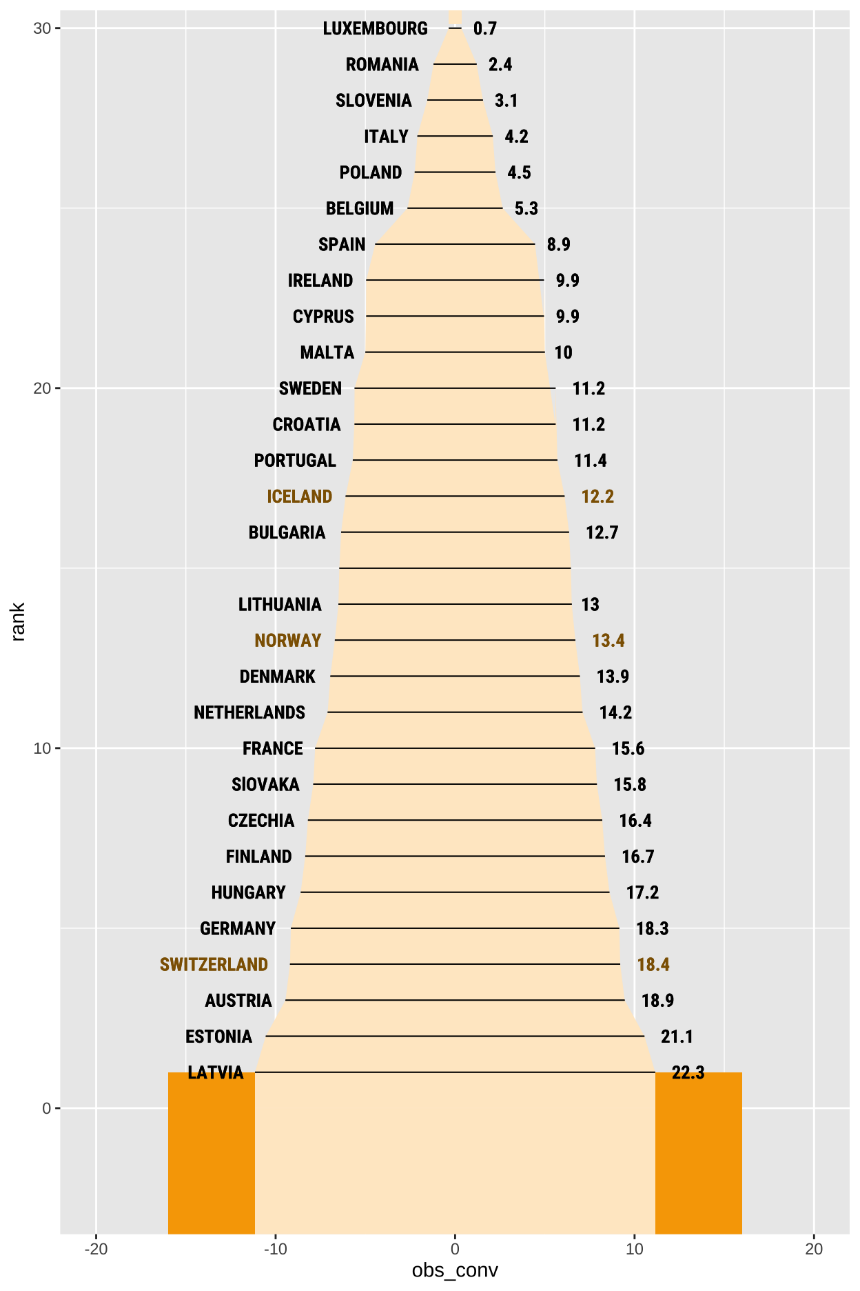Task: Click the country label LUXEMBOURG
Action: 375,28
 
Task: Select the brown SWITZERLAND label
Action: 214,964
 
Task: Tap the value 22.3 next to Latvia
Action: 688,1072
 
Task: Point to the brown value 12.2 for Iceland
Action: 597,497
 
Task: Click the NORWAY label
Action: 287,641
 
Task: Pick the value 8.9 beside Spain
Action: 558,245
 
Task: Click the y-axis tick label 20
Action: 42,388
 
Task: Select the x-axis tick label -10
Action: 275,1249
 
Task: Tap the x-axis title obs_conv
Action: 455,1270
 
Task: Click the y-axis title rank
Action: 19,621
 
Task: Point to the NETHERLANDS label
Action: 249,712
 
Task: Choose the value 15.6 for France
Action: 628,748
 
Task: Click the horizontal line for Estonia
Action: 455,1036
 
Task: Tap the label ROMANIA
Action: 382,64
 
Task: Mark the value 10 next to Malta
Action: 563,352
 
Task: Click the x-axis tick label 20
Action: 814,1249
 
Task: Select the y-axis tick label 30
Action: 42,28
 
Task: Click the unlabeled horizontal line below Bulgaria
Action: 455,568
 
